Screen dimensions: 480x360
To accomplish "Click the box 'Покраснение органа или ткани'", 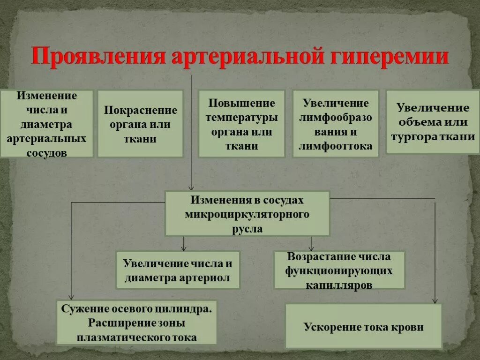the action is pyautogui.click(x=140, y=124).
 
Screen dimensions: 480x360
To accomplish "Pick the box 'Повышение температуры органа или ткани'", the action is pyautogui.click(x=241, y=124).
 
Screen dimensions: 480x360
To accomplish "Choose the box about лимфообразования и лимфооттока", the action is pyautogui.click(x=336, y=124).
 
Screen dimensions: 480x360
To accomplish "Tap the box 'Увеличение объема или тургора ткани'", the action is pyautogui.click(x=433, y=122).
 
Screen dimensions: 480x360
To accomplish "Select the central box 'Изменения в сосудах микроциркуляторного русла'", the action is pyautogui.click(x=247, y=214).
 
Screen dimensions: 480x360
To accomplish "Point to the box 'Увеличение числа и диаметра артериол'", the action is pyautogui.click(x=178, y=270).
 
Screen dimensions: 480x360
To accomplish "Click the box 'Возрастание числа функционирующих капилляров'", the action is pyautogui.click(x=339, y=270).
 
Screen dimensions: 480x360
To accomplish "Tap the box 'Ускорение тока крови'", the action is pyautogui.click(x=363, y=326).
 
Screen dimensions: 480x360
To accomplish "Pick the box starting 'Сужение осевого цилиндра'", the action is pyautogui.click(x=136, y=322).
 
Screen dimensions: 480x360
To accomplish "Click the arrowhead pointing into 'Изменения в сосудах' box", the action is pyautogui.click(x=191, y=187).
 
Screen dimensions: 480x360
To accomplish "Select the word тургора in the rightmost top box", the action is pyautogui.click(x=416, y=136).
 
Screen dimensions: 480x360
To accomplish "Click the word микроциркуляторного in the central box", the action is pyautogui.click(x=247, y=214).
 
